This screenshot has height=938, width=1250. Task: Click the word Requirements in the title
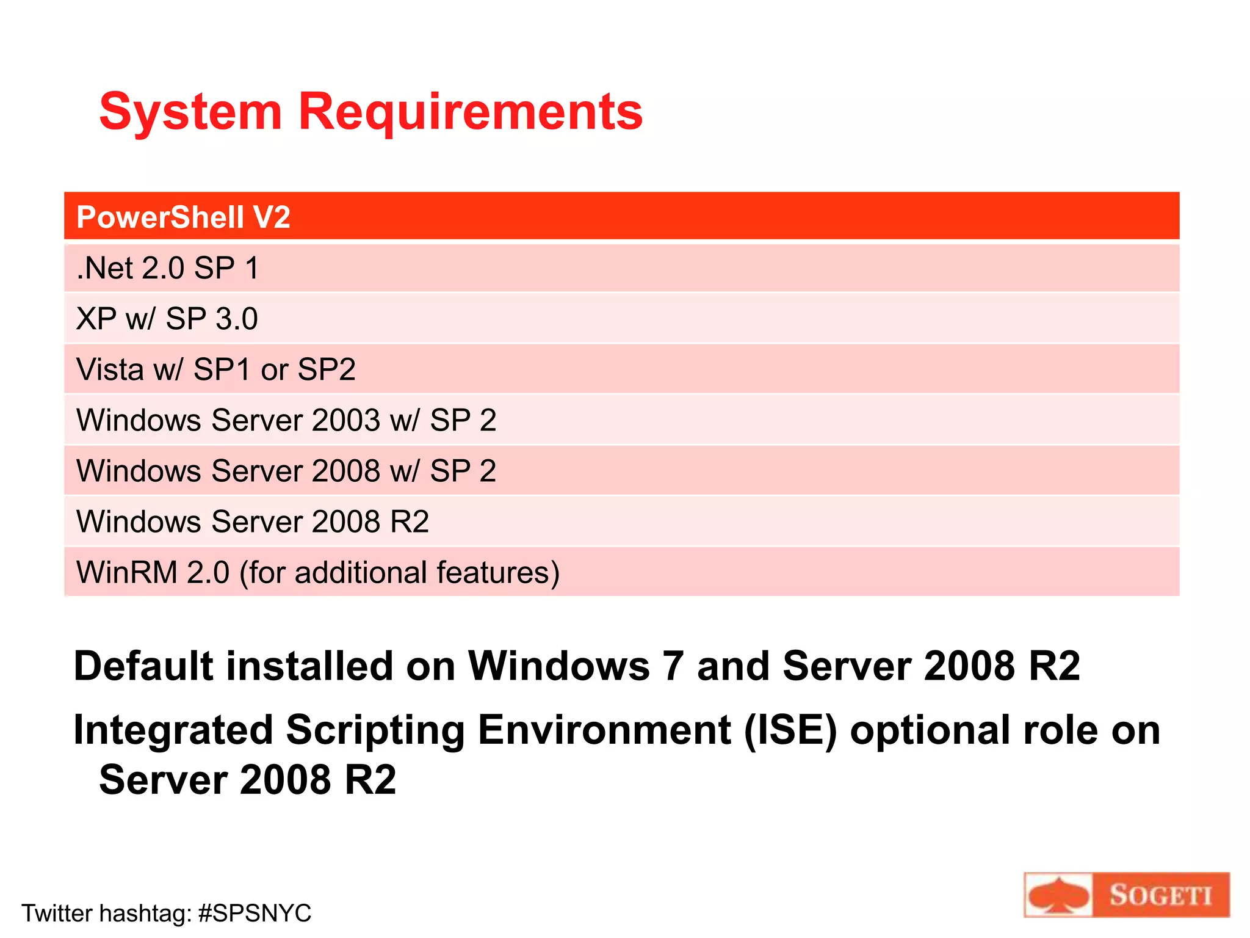pyautogui.click(x=470, y=112)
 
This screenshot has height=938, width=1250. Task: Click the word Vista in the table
pyautogui.click(x=110, y=369)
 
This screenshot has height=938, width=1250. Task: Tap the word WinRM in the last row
pyautogui.click(x=127, y=572)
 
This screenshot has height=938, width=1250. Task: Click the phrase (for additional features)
pyautogui.click(x=400, y=573)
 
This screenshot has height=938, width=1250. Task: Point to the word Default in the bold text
pyautogui.click(x=144, y=666)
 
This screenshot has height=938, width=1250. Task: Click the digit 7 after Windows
pyautogui.click(x=673, y=666)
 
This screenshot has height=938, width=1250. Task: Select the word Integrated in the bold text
pyautogui.click(x=173, y=730)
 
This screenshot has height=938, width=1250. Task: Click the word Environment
pyautogui.click(x=604, y=730)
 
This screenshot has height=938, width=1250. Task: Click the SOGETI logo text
pyautogui.click(x=1160, y=896)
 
